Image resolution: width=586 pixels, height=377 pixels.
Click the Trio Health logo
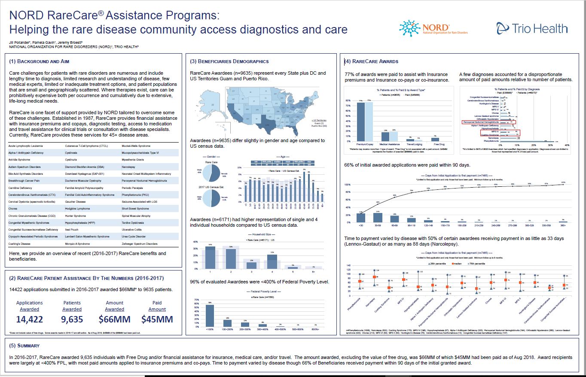tap(532, 28)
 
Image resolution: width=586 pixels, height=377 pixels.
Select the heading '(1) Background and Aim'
tap(39, 61)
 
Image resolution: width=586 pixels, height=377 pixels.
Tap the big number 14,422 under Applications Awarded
tap(30, 319)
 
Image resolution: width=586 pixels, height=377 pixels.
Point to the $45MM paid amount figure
tap(157, 319)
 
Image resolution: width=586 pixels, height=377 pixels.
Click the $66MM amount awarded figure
tap(115, 319)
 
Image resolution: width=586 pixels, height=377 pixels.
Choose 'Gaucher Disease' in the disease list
tap(75, 201)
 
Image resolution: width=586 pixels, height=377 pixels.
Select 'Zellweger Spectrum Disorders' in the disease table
tap(140, 243)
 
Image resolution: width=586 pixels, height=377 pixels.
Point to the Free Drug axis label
tap(436, 145)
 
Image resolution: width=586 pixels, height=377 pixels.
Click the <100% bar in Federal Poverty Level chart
tap(210, 315)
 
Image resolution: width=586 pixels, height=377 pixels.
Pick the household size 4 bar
tap(272, 261)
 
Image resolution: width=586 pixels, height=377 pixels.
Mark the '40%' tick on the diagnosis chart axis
tap(567, 146)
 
